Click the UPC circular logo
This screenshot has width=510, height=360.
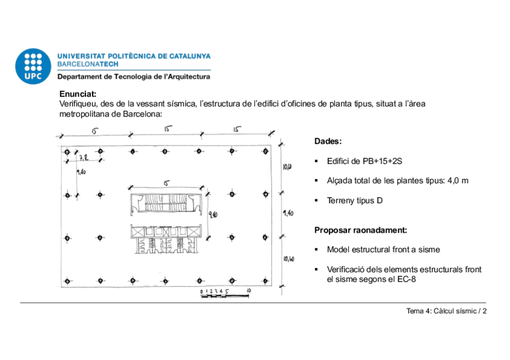[x=34, y=65]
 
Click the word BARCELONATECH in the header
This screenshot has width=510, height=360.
[x=88, y=63]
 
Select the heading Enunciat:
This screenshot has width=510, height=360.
[x=78, y=94]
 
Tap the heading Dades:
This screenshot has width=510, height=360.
[x=328, y=141]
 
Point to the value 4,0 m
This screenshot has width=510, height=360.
[x=457, y=181]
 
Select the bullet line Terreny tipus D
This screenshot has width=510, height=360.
[x=354, y=200]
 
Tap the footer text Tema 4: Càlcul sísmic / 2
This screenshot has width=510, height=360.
[x=446, y=311]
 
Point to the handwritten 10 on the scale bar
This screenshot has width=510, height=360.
[x=248, y=291]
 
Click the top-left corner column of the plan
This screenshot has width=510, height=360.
[x=67, y=151]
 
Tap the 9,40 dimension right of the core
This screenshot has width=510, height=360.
[x=212, y=214]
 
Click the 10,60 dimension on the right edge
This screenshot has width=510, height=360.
[x=288, y=259]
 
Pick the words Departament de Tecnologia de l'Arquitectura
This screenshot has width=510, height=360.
[x=134, y=77]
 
